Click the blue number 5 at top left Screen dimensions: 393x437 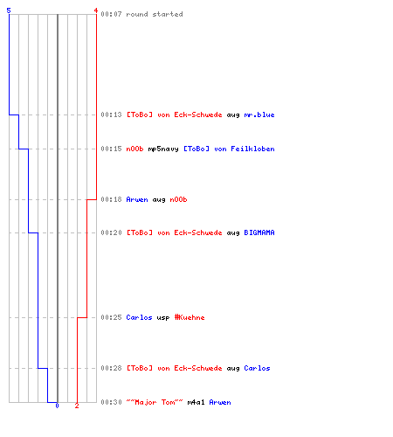(x=9, y=10)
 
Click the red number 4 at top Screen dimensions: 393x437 (x=96, y=10)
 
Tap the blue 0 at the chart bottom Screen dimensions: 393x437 (x=57, y=406)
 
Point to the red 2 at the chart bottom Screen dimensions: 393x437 (x=77, y=406)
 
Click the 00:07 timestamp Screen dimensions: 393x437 (x=111, y=14)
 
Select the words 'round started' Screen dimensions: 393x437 (x=155, y=14)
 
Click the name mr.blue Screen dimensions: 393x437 (x=259, y=114)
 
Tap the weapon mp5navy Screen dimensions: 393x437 (x=163, y=149)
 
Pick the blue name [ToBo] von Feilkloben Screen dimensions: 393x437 (x=229, y=149)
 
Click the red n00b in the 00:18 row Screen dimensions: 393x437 (x=178, y=199)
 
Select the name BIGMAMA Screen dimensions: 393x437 (x=259, y=232)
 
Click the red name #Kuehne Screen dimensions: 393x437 (x=190, y=317)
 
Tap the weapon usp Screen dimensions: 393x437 (x=163, y=318)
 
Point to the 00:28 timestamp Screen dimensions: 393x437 (x=111, y=368)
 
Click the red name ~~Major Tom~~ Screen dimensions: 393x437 (x=155, y=402)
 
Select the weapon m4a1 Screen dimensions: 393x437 (x=196, y=402)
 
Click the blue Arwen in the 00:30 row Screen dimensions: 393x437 (x=220, y=402)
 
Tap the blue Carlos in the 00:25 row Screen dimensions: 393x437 (x=139, y=317)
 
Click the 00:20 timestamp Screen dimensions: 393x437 (x=111, y=232)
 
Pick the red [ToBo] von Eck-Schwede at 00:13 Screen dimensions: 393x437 (x=174, y=114)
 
